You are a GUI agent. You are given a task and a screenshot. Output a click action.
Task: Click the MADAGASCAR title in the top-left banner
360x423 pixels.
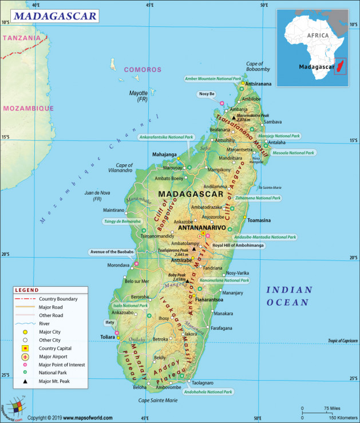point(54,15)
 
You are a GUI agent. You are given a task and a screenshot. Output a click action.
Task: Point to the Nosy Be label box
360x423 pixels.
point(207,94)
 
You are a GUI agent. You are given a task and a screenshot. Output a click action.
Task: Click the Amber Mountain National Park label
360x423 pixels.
point(213,78)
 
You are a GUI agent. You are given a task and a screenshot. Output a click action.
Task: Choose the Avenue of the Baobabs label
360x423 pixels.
point(112,252)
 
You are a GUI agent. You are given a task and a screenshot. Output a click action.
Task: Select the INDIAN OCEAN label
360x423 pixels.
point(290,296)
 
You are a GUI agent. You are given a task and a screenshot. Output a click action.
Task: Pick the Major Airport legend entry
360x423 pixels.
point(54,356)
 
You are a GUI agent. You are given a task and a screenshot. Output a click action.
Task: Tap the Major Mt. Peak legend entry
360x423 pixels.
point(57,381)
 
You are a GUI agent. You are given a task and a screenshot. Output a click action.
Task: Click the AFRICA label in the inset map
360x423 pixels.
point(318,35)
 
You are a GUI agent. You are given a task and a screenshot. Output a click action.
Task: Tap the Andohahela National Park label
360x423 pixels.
point(208,392)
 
